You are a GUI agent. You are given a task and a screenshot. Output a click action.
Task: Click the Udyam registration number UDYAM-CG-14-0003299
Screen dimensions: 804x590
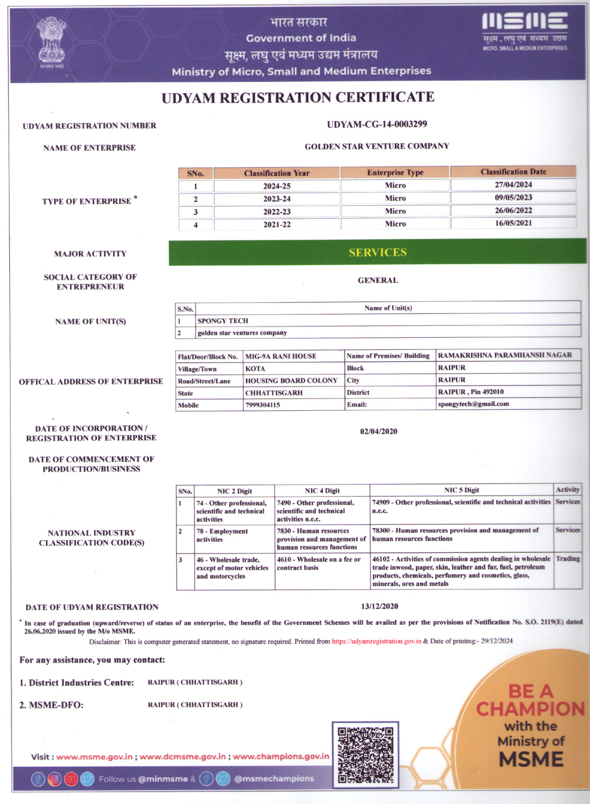pyautogui.click(x=377, y=124)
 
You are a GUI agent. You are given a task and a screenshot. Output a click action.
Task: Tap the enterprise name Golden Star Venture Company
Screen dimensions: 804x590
pyautogui.click(x=377, y=146)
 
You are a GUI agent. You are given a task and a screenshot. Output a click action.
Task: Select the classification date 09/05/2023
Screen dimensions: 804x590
pyautogui.click(x=513, y=198)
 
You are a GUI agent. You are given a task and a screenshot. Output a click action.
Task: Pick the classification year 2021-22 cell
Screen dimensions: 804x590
pyautogui.click(x=277, y=225)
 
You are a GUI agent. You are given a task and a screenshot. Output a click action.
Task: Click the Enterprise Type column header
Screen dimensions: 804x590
pyautogui.click(x=395, y=173)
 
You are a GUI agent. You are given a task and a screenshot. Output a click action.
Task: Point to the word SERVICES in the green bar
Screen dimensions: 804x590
pyautogui.click(x=378, y=252)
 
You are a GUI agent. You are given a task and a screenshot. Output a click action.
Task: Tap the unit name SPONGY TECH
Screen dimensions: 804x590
pyautogui.click(x=223, y=321)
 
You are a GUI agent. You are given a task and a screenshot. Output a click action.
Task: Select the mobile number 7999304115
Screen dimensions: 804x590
pyautogui.click(x=263, y=405)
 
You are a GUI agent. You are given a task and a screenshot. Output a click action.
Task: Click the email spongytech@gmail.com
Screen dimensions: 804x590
pyautogui.click(x=473, y=404)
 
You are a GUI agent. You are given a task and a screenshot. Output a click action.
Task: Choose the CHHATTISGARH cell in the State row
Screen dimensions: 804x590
pyautogui.click(x=274, y=393)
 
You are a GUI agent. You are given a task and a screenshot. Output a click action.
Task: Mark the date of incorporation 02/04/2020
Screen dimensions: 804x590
pyautogui.click(x=379, y=431)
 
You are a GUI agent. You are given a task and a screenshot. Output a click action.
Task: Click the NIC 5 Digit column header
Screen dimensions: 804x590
pyautogui.click(x=461, y=490)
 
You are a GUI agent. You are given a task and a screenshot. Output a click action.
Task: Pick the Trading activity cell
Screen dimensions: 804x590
pyautogui.click(x=568, y=558)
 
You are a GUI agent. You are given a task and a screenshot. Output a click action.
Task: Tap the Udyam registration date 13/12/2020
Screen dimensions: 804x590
pyautogui.click(x=379, y=607)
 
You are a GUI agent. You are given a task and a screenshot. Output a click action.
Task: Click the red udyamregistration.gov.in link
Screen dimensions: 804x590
pyautogui.click(x=376, y=641)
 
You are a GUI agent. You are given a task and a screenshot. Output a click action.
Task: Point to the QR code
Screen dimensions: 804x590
pyautogui.click(x=365, y=755)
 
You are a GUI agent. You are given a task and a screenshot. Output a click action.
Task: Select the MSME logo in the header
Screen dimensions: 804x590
pyautogui.click(x=525, y=30)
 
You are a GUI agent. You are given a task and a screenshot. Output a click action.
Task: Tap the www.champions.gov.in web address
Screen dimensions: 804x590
pyautogui.click(x=281, y=756)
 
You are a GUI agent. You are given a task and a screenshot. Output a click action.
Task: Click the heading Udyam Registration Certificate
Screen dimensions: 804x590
pyautogui.click(x=298, y=98)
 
